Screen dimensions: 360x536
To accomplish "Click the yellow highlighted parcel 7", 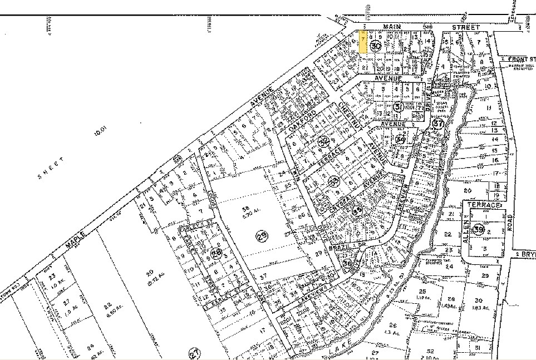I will (x=362, y=41).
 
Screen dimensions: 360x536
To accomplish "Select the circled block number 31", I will (x=397, y=106).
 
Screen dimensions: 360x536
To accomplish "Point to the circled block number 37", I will (x=438, y=124).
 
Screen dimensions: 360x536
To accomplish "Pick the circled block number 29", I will (x=261, y=236).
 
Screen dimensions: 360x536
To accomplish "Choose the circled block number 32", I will (x=324, y=142).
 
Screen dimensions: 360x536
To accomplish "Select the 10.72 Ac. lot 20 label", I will (x=150, y=277).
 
